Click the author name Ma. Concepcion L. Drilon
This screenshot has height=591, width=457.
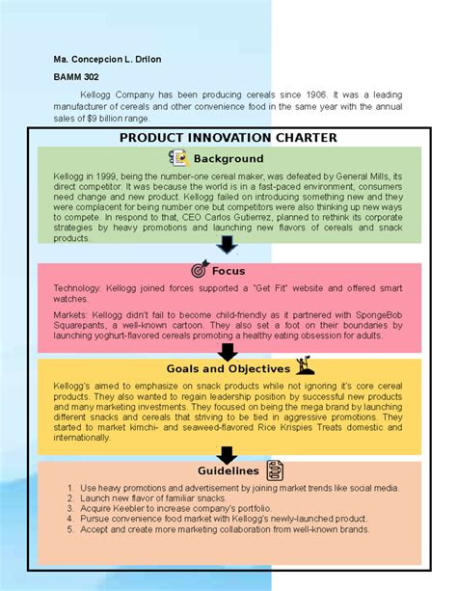[x=107, y=60]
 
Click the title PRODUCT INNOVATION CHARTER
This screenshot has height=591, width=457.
[x=228, y=138]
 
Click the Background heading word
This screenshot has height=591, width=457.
[x=228, y=158]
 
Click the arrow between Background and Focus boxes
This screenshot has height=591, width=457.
[x=228, y=244]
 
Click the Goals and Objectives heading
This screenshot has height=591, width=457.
[x=228, y=368]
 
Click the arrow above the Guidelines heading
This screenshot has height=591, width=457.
[x=228, y=453]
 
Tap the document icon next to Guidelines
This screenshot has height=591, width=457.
[x=275, y=471]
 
